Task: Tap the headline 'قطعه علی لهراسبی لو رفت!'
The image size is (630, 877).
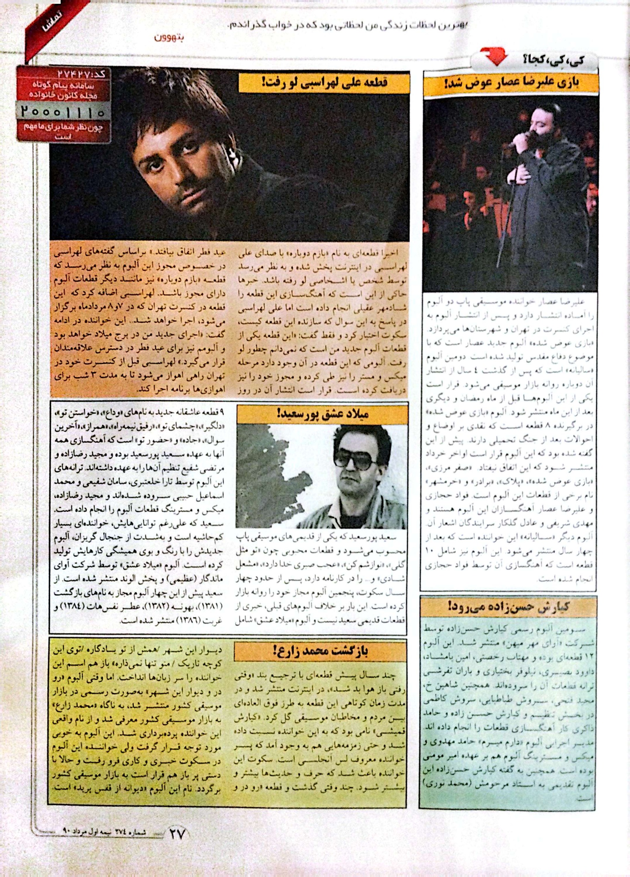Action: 324,82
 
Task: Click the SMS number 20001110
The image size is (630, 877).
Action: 63,112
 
